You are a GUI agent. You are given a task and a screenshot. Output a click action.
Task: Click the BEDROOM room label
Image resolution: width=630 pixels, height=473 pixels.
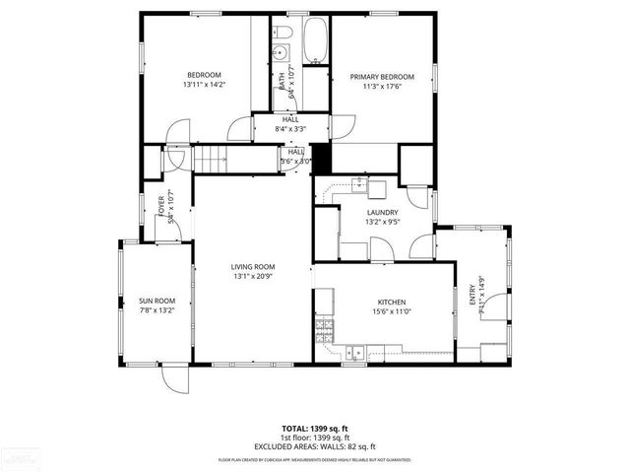coord(204,75)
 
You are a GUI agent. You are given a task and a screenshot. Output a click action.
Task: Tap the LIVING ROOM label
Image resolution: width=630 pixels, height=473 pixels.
coord(253,266)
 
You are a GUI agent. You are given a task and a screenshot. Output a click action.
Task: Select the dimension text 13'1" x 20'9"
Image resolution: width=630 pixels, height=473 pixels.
coord(253,277)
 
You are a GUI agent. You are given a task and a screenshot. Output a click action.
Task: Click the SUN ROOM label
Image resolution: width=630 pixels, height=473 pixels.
coord(157,301)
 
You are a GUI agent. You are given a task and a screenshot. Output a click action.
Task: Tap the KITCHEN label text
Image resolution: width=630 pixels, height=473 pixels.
coord(392,302)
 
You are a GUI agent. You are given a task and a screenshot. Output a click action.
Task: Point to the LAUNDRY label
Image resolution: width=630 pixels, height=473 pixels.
coord(382,212)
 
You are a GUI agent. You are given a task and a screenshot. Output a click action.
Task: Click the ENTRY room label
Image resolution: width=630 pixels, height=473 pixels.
coord(472,296)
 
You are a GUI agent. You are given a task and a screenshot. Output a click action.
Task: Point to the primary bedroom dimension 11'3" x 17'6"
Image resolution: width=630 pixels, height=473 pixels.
coord(382,86)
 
